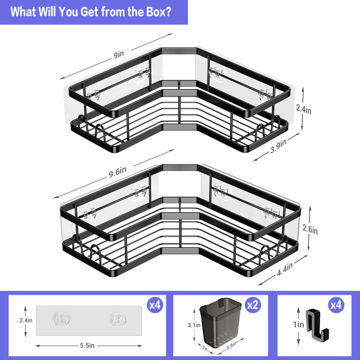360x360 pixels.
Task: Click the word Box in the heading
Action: (x=156, y=12)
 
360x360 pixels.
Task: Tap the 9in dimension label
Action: (x=119, y=54)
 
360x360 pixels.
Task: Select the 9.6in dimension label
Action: (x=117, y=172)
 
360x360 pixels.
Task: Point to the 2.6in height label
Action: (x=310, y=229)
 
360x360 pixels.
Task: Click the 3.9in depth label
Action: (x=278, y=146)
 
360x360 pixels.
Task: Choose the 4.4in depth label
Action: (x=285, y=269)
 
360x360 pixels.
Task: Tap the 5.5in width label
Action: (x=87, y=345)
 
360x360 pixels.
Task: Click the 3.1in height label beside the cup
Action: (x=194, y=325)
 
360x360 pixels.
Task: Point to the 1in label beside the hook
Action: (x=298, y=324)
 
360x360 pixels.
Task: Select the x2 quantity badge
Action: (x=253, y=305)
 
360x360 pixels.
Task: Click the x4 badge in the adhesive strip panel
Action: (x=155, y=305)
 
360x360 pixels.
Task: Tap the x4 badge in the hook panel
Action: (x=336, y=305)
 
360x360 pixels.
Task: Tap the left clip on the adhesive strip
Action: (x=62, y=319)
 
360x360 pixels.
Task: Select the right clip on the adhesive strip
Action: (x=118, y=319)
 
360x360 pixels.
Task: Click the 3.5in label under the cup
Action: (x=231, y=346)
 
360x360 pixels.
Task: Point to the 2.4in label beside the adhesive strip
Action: (x=26, y=320)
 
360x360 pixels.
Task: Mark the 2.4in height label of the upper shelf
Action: (x=303, y=109)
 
